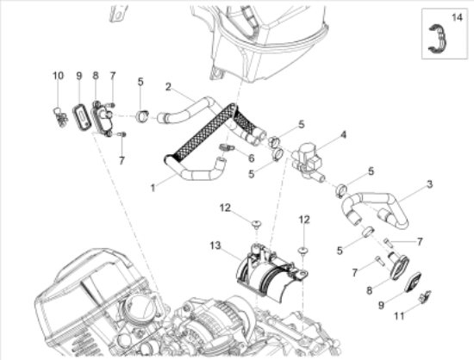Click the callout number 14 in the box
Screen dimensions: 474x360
pos(457,17)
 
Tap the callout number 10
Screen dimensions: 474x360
pos(58,76)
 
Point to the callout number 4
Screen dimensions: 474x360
pos(343,134)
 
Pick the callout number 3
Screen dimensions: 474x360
pos(429,184)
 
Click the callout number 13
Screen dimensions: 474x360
pos(215,245)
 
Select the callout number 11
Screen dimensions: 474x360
pos(399,316)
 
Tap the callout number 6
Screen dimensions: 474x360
pos(251,158)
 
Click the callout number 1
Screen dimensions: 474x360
pos(153,188)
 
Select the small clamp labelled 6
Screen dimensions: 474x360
pos(226,147)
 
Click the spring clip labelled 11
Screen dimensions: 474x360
pos(425,296)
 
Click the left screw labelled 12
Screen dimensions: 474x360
pos(256,224)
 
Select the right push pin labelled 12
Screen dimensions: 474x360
pos(302,250)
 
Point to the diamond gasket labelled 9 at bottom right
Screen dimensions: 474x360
pos(412,282)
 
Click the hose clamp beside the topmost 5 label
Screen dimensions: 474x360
pos(142,116)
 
